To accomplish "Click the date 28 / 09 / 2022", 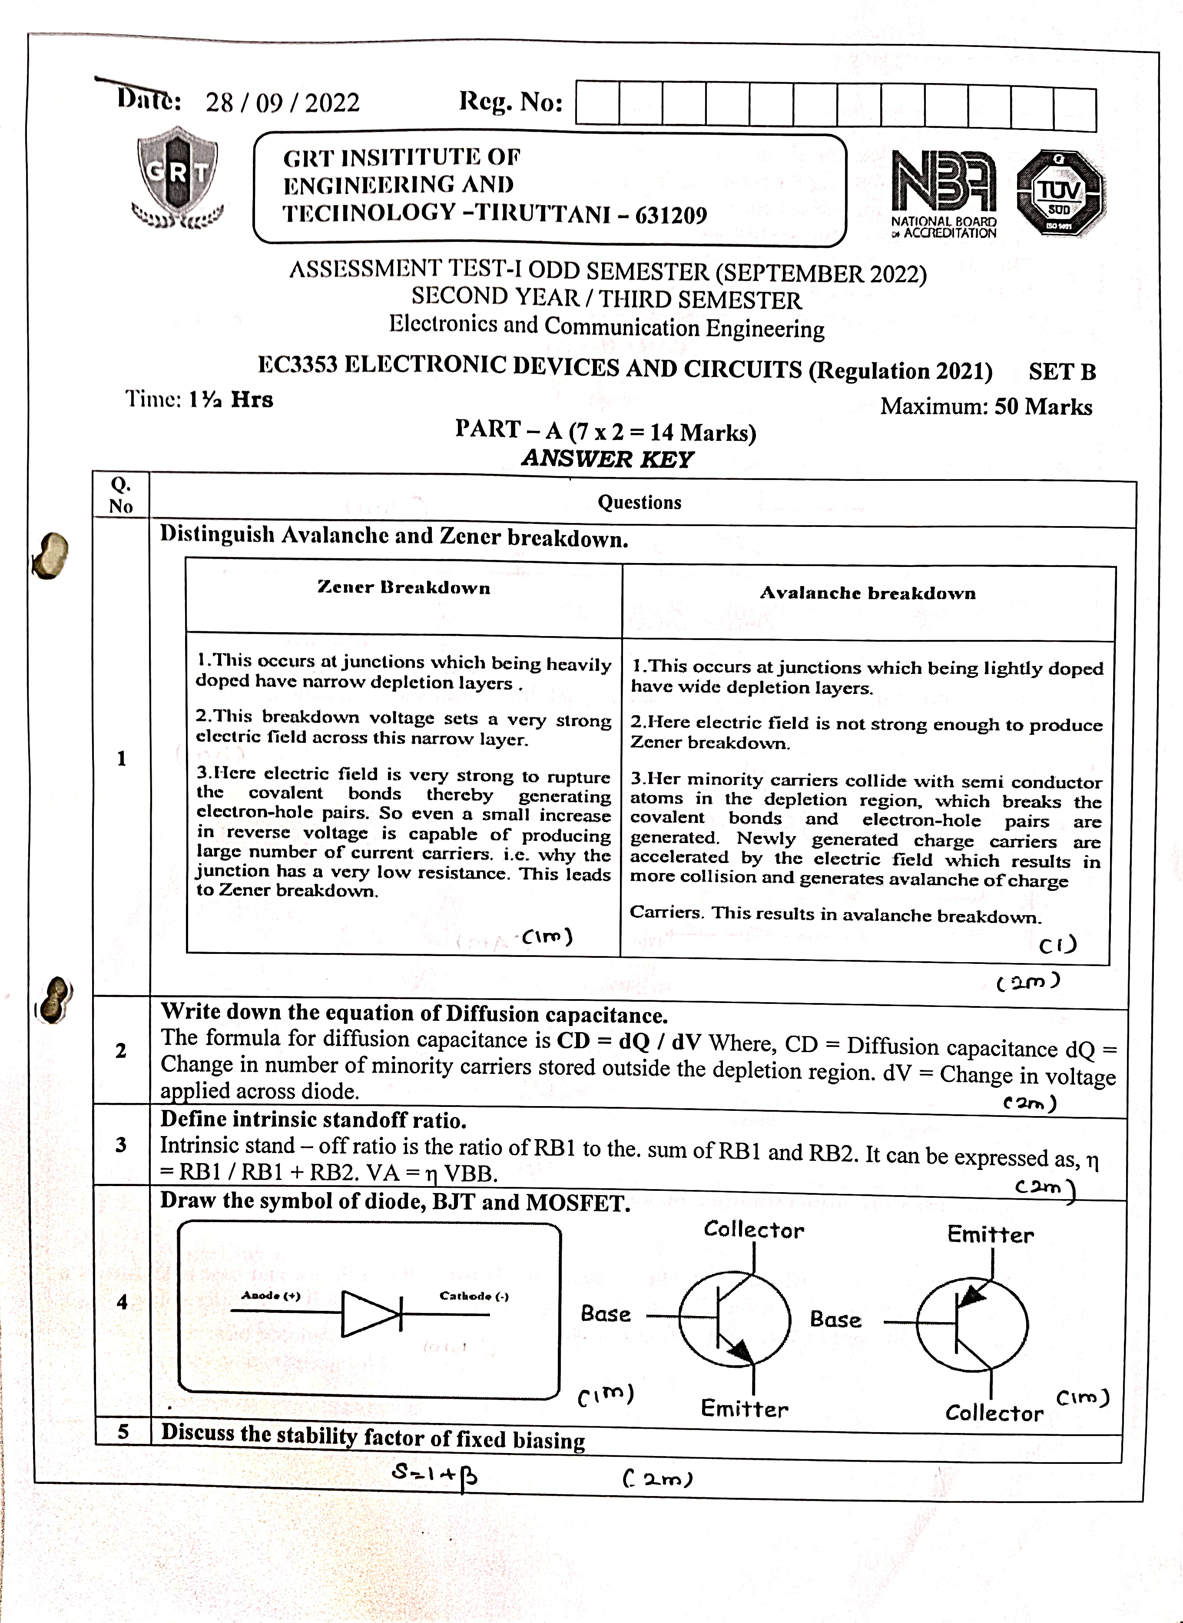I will (282, 103).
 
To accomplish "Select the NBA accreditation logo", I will (943, 193).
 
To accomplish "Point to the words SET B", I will (1062, 371).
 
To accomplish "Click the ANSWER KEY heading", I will (607, 459).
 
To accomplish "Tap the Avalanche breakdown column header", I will (867, 593).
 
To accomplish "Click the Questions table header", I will (640, 502).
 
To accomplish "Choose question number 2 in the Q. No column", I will (121, 1051).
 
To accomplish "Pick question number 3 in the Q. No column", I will (121, 1145).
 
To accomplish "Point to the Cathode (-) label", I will (474, 1296).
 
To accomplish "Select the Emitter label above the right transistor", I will (991, 1235).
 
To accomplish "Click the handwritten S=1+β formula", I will (435, 1475).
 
